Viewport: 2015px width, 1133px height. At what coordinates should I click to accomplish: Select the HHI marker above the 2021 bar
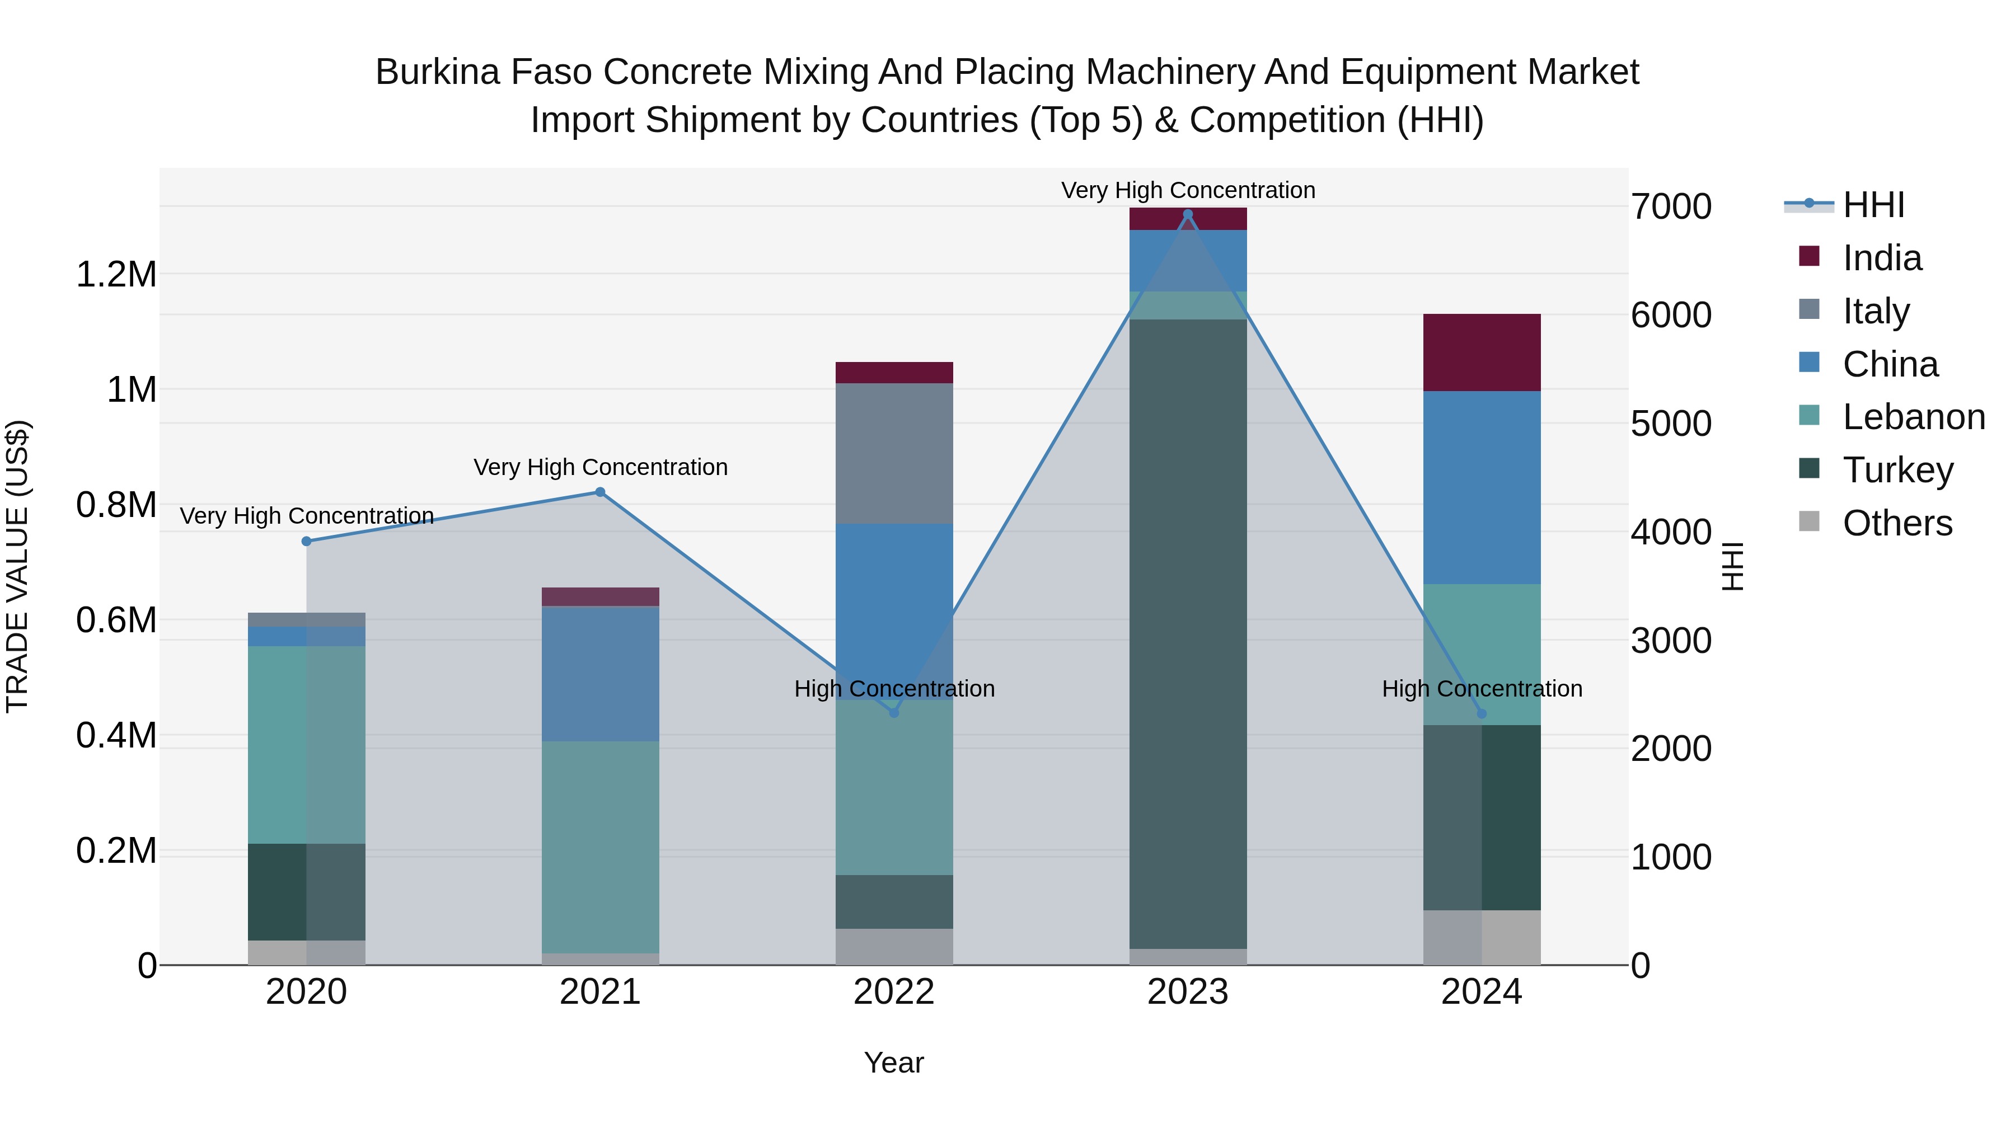(x=600, y=492)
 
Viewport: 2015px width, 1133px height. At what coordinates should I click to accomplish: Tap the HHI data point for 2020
(x=307, y=541)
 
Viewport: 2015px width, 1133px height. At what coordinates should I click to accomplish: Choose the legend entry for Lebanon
(x=1913, y=417)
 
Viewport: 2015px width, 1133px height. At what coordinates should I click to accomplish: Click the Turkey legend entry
(x=1897, y=470)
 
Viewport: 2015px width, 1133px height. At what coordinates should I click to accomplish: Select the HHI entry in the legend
(x=1873, y=205)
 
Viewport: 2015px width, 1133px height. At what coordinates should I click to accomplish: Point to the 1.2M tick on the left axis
(x=116, y=275)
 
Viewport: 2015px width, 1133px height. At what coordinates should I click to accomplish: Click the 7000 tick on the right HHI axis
(x=1671, y=207)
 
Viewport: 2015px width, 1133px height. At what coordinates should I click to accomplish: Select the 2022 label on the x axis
(x=893, y=992)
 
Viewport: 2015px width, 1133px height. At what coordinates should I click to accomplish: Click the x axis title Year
(x=893, y=1063)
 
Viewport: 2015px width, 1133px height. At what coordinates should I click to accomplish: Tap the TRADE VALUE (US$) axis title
(x=17, y=566)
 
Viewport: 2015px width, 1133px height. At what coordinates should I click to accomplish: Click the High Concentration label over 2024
(x=1482, y=689)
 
